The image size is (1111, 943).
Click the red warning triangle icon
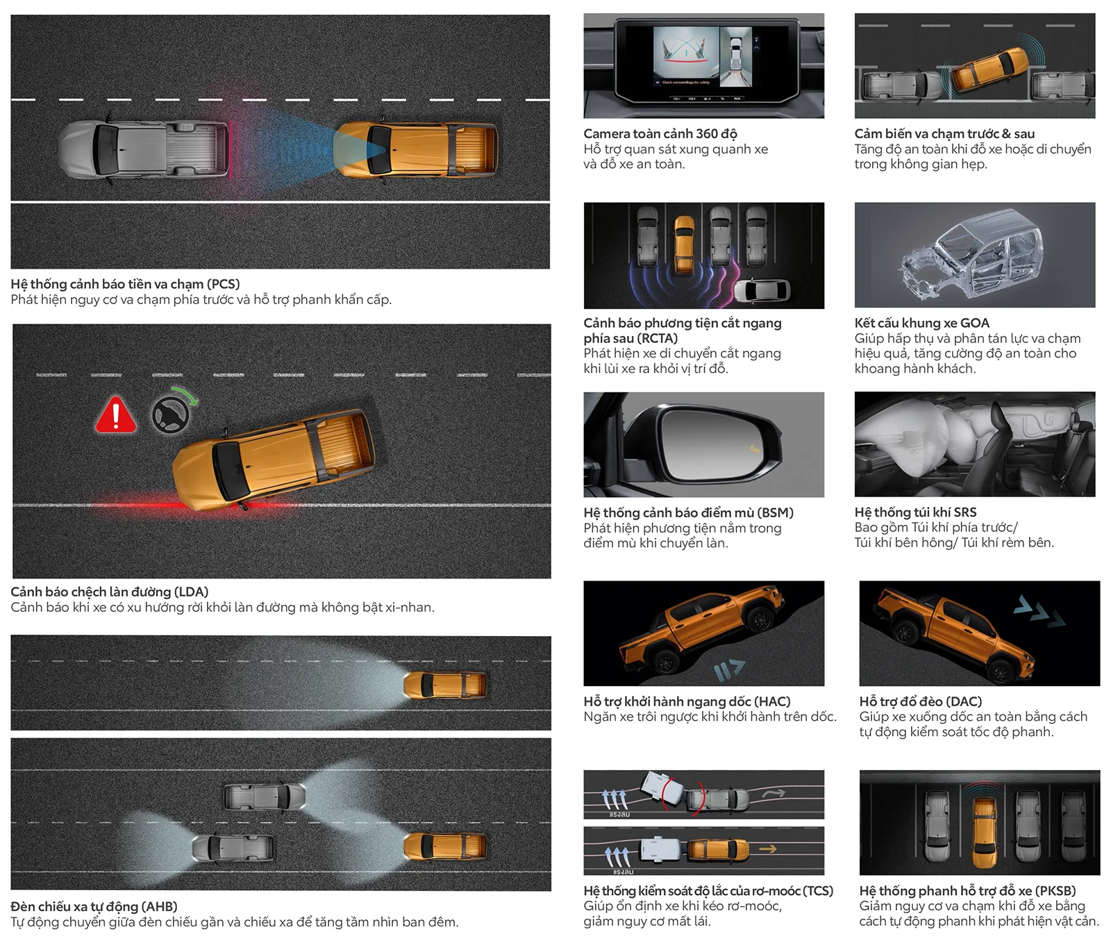pos(115,415)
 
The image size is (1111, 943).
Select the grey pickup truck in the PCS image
pos(144,149)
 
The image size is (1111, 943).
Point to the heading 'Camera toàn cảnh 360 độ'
pos(660,133)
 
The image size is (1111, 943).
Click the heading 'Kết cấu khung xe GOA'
pos(921,323)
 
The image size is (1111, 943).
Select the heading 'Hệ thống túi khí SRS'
pos(915,512)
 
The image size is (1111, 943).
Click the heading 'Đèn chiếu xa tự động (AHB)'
pos(94,906)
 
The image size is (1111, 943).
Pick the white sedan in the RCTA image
pos(762,290)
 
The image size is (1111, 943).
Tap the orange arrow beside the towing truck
pos(767,849)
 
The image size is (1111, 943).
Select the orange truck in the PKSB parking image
pos(984,831)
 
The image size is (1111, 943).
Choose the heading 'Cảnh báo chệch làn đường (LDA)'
pos(110,592)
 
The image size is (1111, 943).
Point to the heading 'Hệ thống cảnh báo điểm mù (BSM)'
pos(688,512)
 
